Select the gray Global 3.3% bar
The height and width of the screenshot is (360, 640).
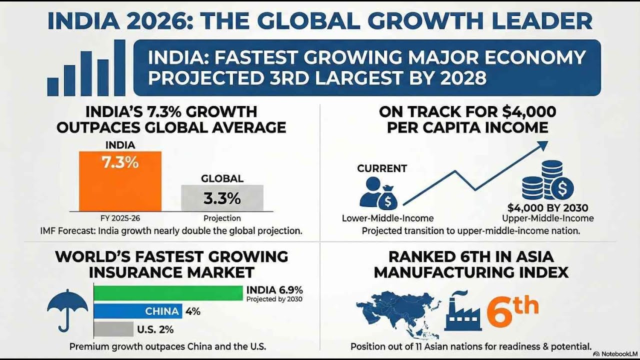tap(222, 198)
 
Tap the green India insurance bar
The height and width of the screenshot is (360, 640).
tap(168, 293)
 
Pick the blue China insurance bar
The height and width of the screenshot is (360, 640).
tap(137, 311)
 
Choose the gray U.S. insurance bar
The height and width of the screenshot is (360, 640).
tap(113, 329)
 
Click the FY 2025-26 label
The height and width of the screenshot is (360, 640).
tap(120, 218)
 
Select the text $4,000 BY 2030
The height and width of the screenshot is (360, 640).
tap(548, 207)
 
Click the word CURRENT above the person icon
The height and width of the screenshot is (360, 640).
tap(382, 168)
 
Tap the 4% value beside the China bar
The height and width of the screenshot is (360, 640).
tap(193, 311)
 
